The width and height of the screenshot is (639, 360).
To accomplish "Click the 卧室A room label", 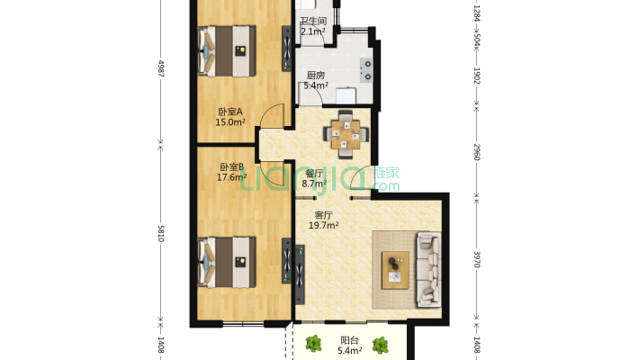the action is point(230,112).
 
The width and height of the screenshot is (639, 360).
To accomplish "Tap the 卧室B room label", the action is point(231,167).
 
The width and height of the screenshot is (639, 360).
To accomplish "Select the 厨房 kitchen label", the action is point(316,76).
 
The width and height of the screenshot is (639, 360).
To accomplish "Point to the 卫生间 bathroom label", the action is point(313,21).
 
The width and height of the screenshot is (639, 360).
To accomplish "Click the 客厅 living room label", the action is point(324,215).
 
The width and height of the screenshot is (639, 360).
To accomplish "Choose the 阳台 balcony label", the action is point(350,340).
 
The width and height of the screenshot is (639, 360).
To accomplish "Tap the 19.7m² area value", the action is point(324,225).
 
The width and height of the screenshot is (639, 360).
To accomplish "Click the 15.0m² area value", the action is point(230,121).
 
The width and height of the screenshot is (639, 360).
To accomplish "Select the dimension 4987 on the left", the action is point(161,69).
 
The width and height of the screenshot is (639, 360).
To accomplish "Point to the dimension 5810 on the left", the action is point(161,233).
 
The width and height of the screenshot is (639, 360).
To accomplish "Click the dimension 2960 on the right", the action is point(477,152).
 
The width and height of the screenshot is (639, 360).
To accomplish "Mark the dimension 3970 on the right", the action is point(477,259).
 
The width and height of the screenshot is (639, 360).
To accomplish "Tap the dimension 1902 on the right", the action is point(477,76).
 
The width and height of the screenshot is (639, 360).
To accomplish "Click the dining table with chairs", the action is point(346,134).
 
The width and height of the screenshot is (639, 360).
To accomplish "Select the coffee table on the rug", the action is point(395,270).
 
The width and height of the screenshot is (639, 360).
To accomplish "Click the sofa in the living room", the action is point(428,269).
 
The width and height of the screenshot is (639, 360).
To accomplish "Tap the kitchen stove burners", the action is point(366,70).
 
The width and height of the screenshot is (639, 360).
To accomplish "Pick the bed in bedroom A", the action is point(227,51).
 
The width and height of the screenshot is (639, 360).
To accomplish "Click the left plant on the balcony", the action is point(313,344).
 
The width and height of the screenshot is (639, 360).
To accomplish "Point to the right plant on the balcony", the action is point(380,345).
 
